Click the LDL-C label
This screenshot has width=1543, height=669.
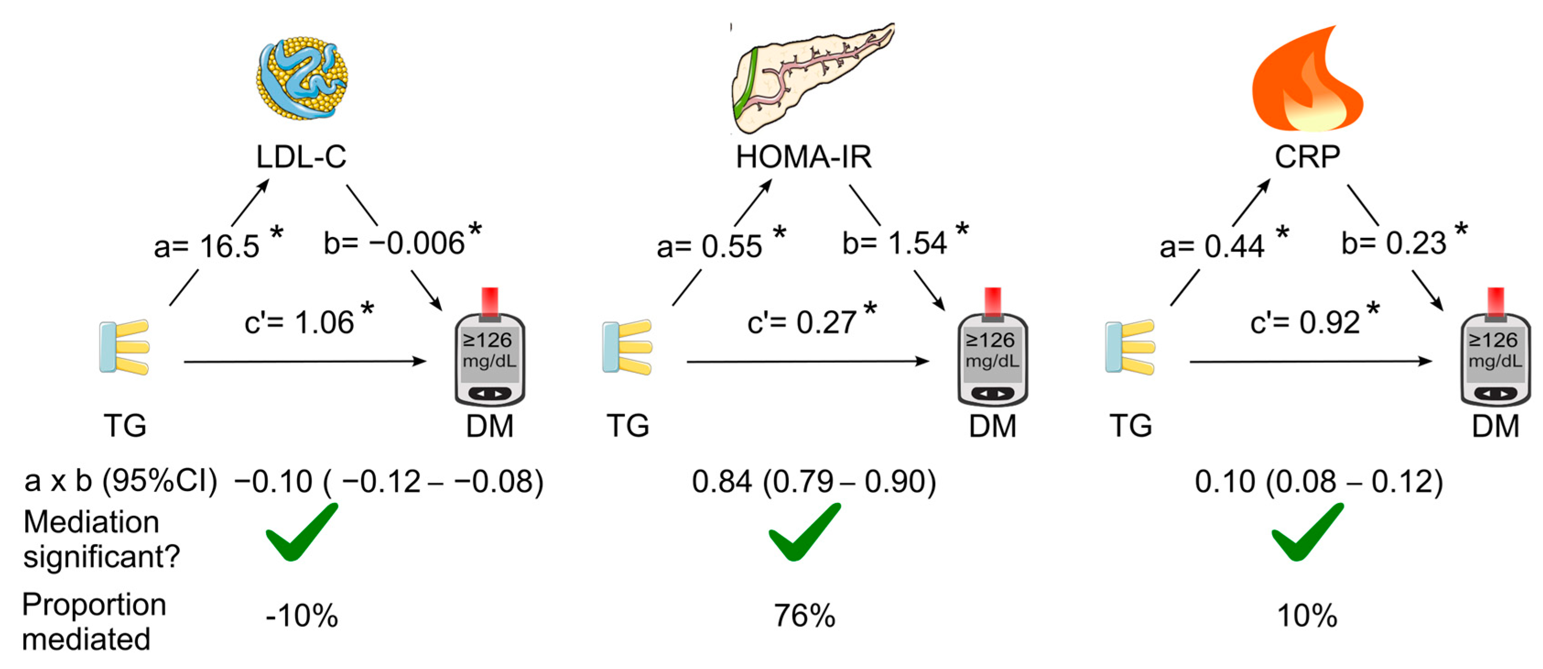pyautogui.click(x=301, y=157)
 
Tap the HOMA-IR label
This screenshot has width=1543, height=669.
pyautogui.click(x=804, y=157)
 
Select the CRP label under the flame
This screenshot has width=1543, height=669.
pyautogui.click(x=1307, y=157)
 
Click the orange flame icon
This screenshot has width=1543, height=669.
pyautogui.click(x=1308, y=78)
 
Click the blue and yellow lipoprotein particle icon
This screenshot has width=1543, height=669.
pyautogui.click(x=303, y=78)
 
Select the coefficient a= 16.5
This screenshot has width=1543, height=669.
pyautogui.click(x=206, y=246)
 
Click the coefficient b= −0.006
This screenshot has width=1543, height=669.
pyautogui.click(x=394, y=243)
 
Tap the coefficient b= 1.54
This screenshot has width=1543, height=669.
pyautogui.click(x=894, y=243)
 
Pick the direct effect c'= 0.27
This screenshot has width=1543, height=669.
pyautogui.click(x=802, y=322)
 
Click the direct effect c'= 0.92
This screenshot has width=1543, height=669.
pyautogui.click(x=1305, y=322)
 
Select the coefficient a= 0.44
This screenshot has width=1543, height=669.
pyautogui.click(x=1212, y=246)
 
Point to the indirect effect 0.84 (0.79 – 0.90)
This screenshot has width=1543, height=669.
pyautogui.click(x=814, y=481)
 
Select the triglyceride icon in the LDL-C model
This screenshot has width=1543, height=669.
pyautogui.click(x=124, y=347)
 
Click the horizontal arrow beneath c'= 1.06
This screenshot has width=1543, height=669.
pyautogui.click(x=305, y=361)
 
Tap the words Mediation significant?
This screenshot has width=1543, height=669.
pyautogui.click(x=101, y=539)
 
